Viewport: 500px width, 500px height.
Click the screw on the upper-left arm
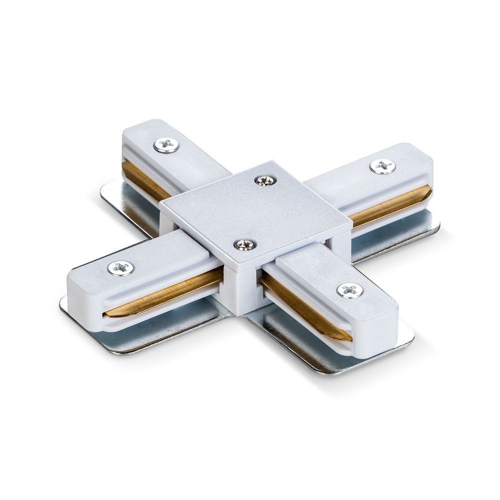(166, 145)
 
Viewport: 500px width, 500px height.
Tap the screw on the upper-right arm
(382, 166)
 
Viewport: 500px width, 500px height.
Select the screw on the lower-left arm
(120, 268)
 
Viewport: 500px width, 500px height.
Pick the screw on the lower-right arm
(349, 290)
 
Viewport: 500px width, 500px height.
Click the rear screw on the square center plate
(264, 180)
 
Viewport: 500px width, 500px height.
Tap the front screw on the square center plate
(245, 244)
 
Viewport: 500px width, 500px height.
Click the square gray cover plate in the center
(255, 210)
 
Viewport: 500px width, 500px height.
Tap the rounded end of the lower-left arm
(82, 300)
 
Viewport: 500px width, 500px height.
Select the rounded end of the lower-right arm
(375, 330)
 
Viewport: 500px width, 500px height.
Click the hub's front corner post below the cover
(244, 290)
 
